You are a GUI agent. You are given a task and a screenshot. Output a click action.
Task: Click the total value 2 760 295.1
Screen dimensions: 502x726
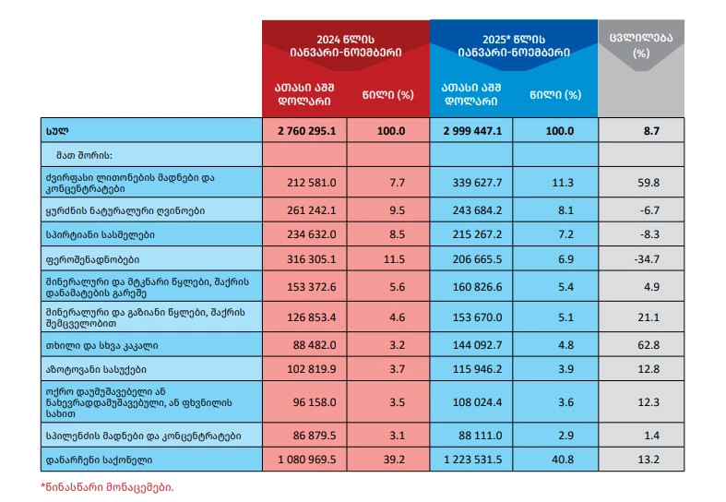click(305, 131)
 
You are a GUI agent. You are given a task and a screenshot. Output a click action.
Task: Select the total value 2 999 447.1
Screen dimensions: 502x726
click(471, 131)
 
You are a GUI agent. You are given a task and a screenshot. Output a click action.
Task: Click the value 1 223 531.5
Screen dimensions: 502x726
click(471, 459)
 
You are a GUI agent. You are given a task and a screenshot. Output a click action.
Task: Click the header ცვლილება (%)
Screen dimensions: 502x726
click(641, 45)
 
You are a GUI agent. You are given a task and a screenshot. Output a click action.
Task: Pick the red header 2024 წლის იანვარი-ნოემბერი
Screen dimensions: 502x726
click(346, 45)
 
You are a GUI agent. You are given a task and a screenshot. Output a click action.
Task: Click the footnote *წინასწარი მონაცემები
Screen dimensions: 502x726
click(107, 486)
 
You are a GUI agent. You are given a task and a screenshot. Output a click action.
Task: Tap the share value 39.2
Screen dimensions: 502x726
click(398, 459)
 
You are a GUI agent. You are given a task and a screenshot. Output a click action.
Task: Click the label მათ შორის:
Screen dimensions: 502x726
click(82, 156)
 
